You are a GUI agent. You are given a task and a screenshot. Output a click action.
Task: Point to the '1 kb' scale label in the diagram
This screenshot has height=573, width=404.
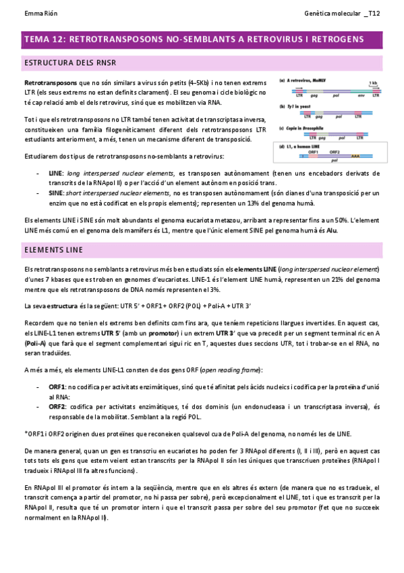(373, 82)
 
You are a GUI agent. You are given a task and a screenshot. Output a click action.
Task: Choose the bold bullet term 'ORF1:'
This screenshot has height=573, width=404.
(57, 387)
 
